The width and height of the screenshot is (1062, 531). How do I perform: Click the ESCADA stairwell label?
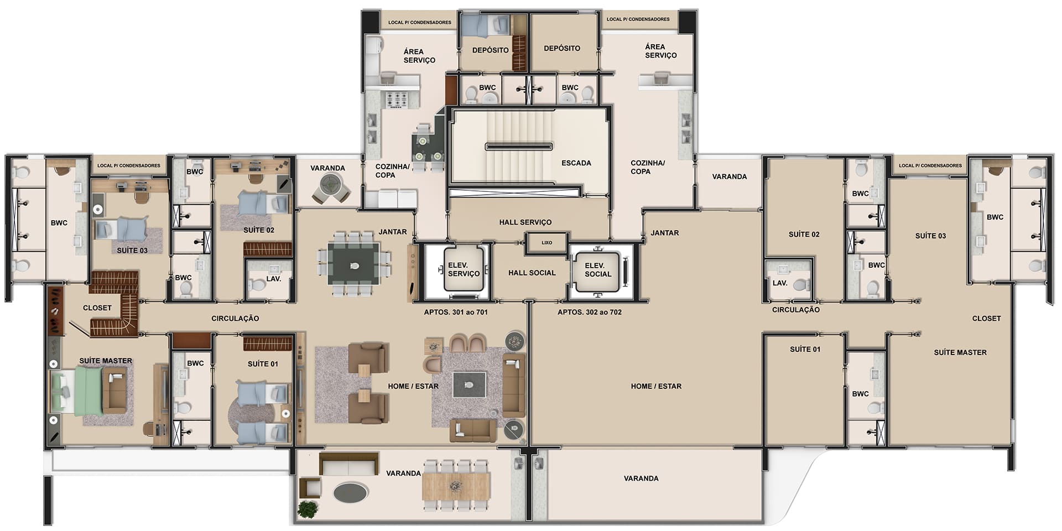[x=576, y=163]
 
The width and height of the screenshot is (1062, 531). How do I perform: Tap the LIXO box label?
[x=546, y=243]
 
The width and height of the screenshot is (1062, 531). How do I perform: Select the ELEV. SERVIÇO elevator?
[x=464, y=269]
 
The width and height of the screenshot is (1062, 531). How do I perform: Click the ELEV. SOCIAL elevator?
[x=598, y=270]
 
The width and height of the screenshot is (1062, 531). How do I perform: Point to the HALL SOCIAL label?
[x=532, y=273]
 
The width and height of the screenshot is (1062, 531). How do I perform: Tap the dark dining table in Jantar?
[x=354, y=264]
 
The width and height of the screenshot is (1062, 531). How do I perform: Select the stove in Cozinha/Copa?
[x=397, y=100]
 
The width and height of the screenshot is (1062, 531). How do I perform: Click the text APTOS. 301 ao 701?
[x=456, y=312]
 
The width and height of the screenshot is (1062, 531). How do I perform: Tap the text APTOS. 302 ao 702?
[x=590, y=312]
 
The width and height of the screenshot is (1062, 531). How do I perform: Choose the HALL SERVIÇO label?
[x=525, y=222]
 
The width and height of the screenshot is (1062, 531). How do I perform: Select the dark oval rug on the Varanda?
[x=351, y=493]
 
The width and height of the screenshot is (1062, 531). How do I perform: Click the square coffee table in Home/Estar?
[x=469, y=385]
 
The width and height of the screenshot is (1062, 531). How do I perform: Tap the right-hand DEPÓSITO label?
[x=562, y=48]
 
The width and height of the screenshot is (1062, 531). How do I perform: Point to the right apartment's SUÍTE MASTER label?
[x=960, y=352]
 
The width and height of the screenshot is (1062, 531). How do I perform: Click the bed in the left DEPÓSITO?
[x=485, y=25]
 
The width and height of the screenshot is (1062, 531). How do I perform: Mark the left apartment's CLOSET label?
[x=97, y=308]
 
